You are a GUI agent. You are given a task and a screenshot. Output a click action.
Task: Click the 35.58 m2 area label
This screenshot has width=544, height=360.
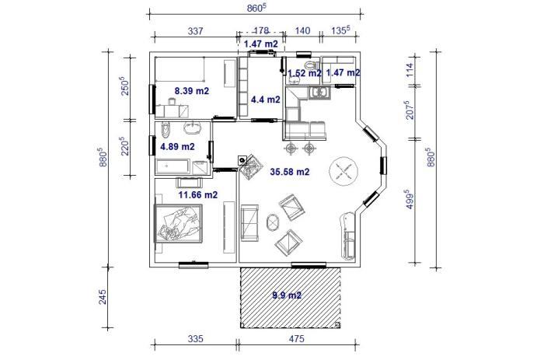coord(289,172)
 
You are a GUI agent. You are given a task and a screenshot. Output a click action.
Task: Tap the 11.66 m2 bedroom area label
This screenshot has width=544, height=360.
coord(197,194)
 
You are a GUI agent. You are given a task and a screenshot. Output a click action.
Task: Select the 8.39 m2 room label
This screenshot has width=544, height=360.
coord(191,91)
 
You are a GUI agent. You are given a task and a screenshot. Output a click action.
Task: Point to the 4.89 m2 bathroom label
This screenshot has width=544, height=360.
coord(177,146)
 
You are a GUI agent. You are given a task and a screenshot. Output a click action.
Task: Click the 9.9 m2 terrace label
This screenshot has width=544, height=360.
coord(287,295)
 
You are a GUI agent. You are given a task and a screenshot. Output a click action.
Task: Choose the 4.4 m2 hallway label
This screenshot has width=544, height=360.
coord(266,100)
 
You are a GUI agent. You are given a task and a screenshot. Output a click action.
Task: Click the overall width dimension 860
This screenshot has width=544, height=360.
coord(256,9)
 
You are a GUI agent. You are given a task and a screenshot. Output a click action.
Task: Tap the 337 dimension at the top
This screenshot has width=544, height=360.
coord(195,31)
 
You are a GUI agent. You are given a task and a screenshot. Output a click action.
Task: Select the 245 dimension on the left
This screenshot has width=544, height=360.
coord(103,297)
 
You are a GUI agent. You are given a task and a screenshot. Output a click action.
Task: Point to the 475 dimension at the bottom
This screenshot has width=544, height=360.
coord(296,338)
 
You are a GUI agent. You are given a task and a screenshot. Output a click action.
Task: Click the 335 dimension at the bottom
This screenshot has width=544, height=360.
coord(195,338)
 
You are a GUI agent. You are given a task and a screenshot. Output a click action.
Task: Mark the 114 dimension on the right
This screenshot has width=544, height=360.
coord(410,70)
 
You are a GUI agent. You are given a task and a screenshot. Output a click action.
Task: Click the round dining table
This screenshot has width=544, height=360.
coord(343,170)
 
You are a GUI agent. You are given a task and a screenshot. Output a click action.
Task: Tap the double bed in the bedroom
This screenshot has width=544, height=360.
coord(178,223)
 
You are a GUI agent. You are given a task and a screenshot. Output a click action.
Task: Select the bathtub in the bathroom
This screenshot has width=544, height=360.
coord(173,166)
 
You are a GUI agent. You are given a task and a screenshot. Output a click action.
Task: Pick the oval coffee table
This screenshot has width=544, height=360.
coord(273,223)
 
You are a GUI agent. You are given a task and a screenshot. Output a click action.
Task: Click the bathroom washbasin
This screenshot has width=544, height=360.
coord(192,128)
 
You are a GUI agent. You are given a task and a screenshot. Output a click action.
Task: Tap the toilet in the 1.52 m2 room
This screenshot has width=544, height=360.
coord(310,65)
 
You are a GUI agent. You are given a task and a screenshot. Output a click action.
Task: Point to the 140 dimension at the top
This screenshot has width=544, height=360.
coord(302,31)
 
